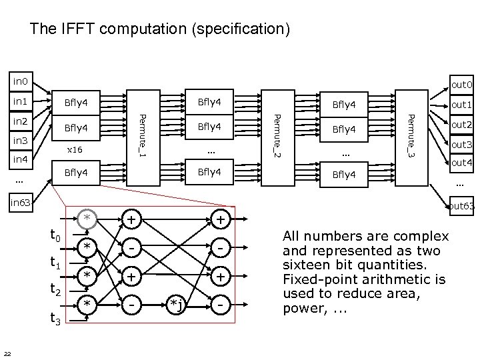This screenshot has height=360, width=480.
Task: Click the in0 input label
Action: coord(21,82)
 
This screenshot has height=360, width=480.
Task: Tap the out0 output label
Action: coord(461,85)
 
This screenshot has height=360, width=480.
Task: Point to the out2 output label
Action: coord(461,125)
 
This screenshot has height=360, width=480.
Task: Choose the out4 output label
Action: coord(461,163)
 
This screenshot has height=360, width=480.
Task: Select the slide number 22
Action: coord(7,353)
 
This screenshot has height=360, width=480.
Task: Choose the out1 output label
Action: coord(461,105)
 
